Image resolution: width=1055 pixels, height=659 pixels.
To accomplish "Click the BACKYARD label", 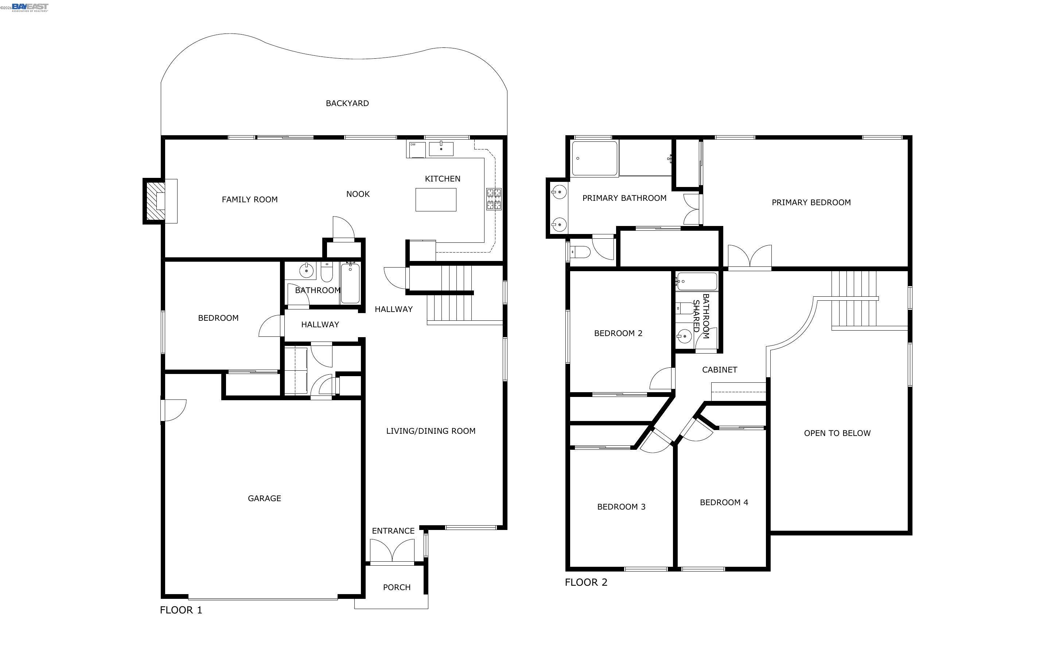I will [x=347, y=103].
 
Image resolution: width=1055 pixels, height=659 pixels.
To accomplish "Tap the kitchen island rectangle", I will [x=436, y=200].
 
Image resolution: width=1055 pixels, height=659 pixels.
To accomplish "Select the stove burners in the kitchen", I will [x=494, y=199].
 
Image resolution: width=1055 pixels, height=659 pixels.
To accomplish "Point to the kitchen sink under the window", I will [x=441, y=149].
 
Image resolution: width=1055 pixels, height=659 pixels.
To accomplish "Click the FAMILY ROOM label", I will [x=250, y=200].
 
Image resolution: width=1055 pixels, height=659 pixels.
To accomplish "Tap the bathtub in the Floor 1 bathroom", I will [x=350, y=283].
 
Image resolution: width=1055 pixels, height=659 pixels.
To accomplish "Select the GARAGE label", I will [x=264, y=498].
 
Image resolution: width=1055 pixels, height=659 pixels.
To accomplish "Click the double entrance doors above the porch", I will [x=392, y=551].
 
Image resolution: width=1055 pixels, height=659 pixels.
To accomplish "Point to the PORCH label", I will [x=397, y=588].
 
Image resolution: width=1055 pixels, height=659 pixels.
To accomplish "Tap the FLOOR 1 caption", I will [x=181, y=610].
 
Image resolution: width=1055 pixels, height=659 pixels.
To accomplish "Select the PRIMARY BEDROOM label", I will [x=811, y=203].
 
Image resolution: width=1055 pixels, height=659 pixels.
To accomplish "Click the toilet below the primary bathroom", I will [x=580, y=252].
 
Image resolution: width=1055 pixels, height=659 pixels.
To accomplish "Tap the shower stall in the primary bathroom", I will [x=594, y=158].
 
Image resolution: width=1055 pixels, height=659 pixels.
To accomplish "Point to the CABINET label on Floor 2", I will [x=720, y=370].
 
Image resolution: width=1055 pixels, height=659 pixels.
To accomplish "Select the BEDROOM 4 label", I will [x=724, y=503].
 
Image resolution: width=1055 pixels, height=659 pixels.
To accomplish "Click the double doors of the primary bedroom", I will [x=750, y=257].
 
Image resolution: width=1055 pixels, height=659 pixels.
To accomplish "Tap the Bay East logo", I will [x=30, y=7].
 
